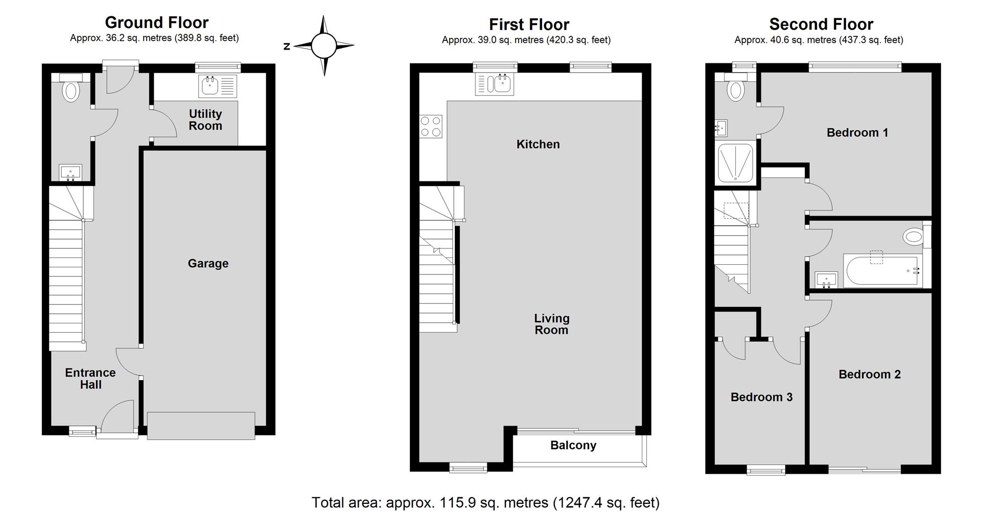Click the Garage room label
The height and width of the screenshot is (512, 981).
click(x=208, y=264)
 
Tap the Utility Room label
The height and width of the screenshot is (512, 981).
click(x=205, y=120)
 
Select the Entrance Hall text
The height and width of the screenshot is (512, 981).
click(x=90, y=379)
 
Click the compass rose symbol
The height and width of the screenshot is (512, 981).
click(x=324, y=46)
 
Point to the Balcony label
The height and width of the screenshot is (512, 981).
click(x=573, y=446)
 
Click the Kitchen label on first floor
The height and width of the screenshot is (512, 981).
click(x=538, y=145)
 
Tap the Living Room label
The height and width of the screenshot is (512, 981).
click(x=552, y=324)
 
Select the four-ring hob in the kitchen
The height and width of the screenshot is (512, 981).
click(x=430, y=127)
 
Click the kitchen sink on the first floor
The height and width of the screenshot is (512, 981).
click(x=495, y=84)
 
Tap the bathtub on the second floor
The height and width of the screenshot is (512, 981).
click(x=883, y=271)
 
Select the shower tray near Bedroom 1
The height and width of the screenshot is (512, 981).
click(x=735, y=162)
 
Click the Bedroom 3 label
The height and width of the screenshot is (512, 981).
click(x=761, y=398)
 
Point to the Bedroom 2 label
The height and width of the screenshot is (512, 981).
click(x=870, y=375)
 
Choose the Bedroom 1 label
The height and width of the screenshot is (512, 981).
click(x=857, y=133)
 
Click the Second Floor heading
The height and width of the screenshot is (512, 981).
click(x=821, y=24)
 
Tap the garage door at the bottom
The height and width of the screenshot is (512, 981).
click(x=201, y=426)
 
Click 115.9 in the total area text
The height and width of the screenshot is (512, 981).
click(x=456, y=503)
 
